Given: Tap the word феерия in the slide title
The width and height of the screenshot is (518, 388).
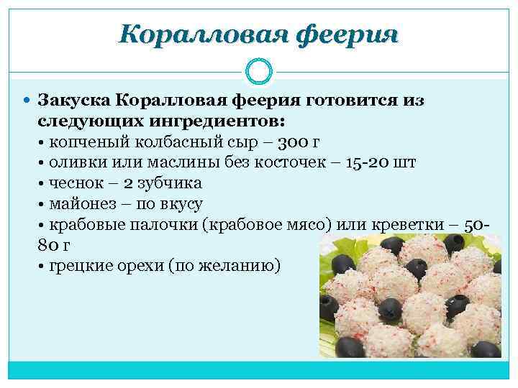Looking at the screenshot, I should pos(342,34).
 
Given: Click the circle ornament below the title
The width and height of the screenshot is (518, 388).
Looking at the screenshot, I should pos(258,71).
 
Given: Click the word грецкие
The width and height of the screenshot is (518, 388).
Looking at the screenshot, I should pos(80,267).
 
